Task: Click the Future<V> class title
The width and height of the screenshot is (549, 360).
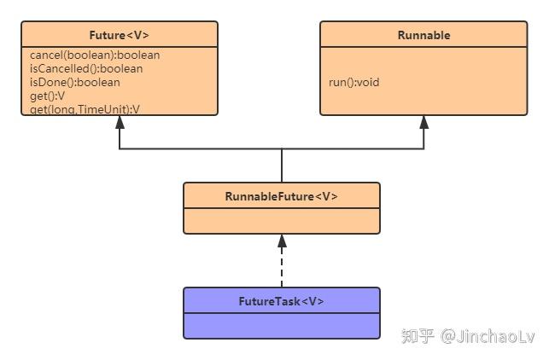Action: [x=119, y=35]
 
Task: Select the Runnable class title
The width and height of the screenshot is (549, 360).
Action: [x=423, y=35]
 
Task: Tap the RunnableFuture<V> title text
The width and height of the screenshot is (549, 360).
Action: [x=281, y=196]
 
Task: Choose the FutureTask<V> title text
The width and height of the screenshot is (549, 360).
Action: [x=281, y=301]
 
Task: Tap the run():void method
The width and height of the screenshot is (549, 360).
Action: [x=353, y=83]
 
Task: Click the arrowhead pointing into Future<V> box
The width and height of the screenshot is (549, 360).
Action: [x=120, y=122]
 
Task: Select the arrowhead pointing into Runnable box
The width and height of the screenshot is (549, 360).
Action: [x=423, y=122]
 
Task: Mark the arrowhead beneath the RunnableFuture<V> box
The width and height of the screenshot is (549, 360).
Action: [x=281, y=241]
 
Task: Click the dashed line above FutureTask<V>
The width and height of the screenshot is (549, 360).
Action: [x=281, y=269]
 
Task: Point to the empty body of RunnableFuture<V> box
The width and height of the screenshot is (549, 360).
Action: [x=281, y=220]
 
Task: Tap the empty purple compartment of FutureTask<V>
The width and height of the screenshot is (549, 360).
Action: [x=281, y=325]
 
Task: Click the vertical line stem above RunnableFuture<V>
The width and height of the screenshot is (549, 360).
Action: [x=281, y=165]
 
